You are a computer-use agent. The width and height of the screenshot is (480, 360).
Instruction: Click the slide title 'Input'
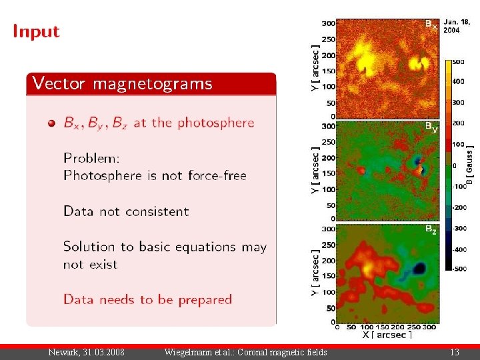[x=36, y=31]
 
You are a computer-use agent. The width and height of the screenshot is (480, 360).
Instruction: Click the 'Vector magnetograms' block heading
[x=123, y=83]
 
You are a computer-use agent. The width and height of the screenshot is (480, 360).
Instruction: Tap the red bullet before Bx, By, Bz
[x=51, y=123]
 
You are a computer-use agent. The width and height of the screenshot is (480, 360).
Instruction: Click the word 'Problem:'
[x=91, y=159]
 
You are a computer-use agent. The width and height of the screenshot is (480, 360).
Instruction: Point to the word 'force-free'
[x=216, y=176]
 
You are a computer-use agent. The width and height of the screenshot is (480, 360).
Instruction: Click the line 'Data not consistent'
[x=126, y=211]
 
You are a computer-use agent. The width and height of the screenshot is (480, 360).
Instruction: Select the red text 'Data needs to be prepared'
[x=147, y=299]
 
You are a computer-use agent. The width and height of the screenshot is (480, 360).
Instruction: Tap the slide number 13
[x=455, y=352]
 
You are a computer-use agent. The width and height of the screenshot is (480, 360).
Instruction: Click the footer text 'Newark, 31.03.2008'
[x=86, y=352]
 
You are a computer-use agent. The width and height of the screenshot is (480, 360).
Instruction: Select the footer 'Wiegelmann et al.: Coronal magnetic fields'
[x=245, y=352]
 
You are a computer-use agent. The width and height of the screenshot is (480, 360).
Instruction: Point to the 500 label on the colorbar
[x=458, y=62]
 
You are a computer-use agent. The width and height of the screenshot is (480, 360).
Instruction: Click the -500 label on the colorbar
[x=459, y=269]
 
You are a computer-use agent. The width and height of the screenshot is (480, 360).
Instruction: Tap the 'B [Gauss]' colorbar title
[x=471, y=165]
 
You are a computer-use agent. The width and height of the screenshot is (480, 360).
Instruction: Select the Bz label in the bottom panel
[x=431, y=230]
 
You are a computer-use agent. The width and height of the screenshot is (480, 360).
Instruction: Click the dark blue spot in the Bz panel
[x=419, y=268]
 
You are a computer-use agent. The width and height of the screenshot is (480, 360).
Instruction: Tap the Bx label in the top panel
[x=431, y=25]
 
